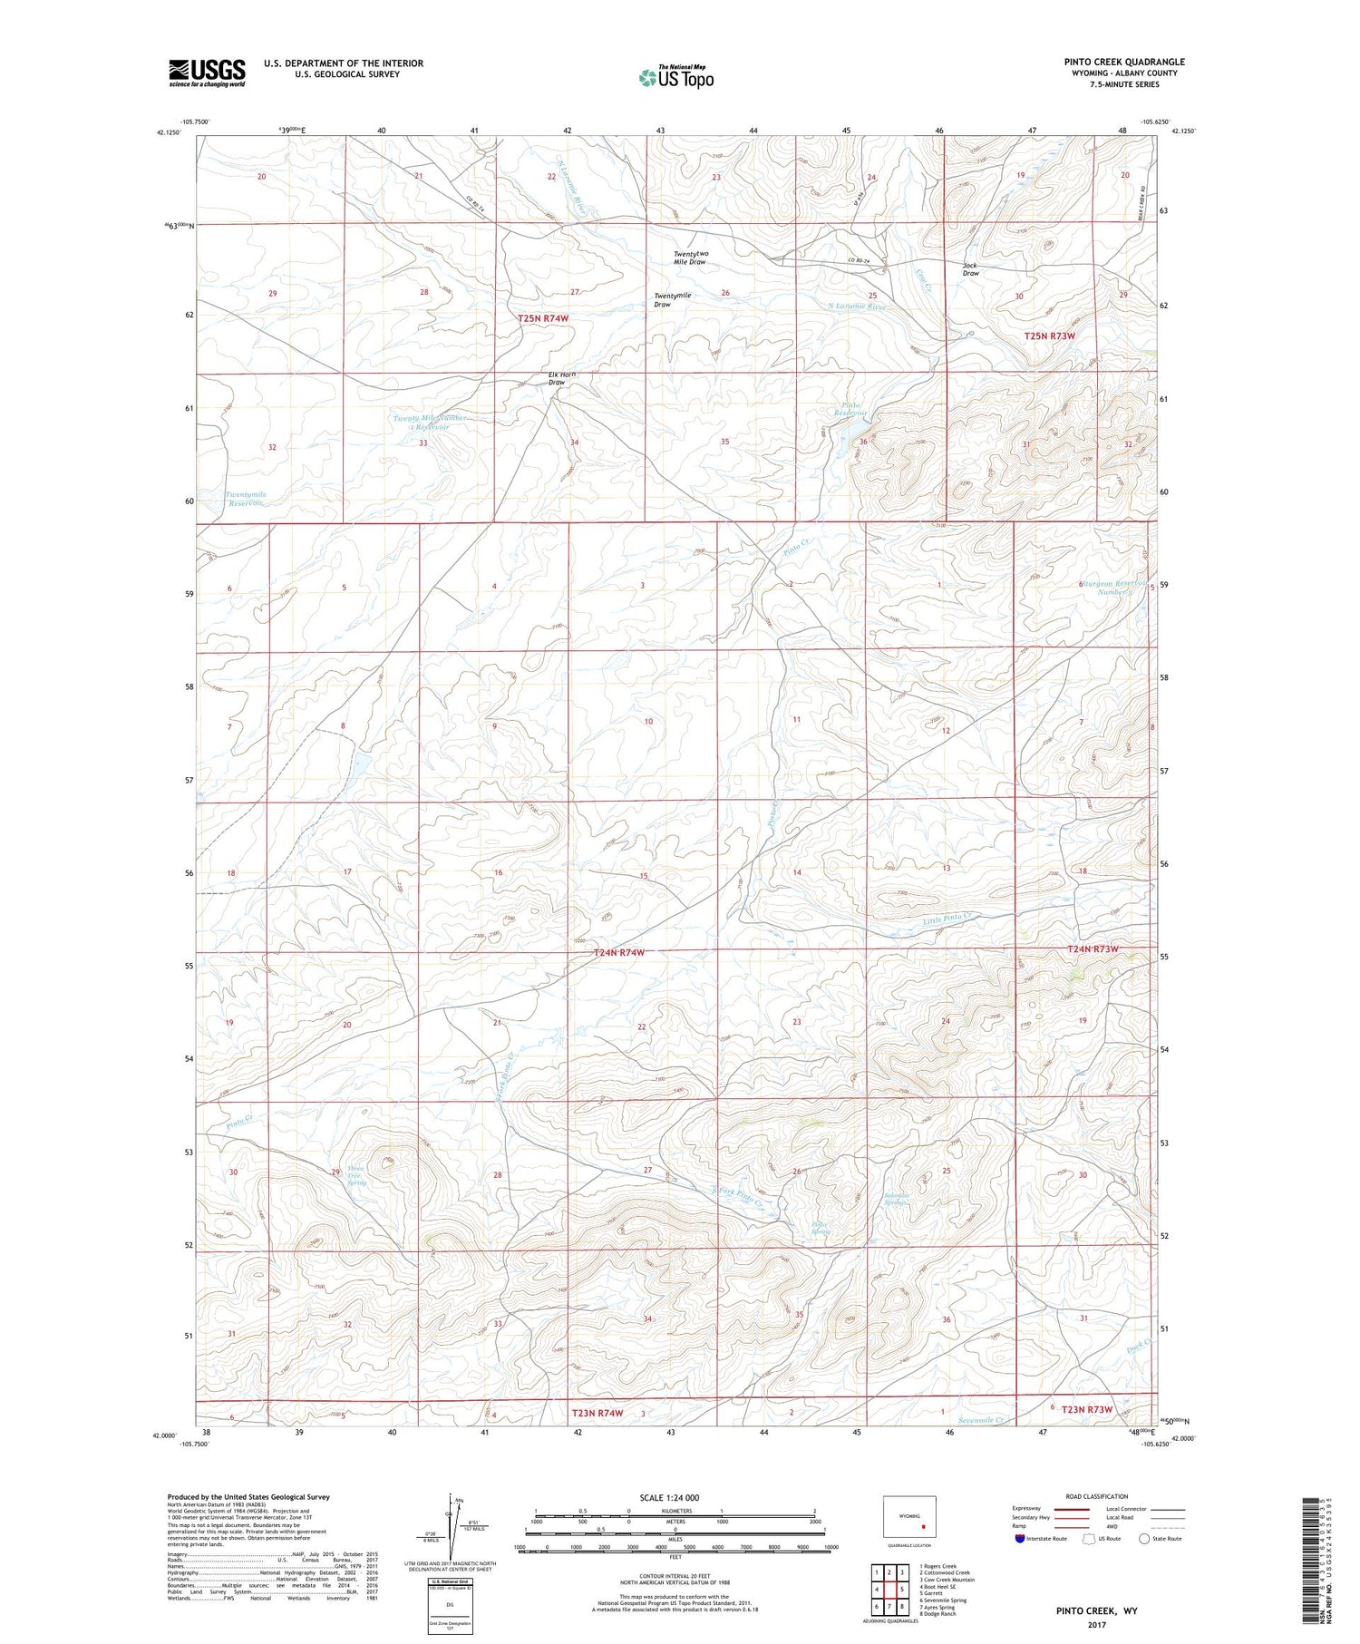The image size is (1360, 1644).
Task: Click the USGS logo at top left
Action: click(x=207, y=73)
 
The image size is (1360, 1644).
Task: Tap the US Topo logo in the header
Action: click(x=676, y=78)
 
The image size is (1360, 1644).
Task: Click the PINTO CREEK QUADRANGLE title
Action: click(x=1124, y=62)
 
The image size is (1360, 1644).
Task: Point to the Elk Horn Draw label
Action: click(x=561, y=378)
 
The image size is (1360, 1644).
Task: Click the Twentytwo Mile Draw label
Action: click(x=690, y=258)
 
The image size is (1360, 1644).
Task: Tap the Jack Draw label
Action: click(x=970, y=269)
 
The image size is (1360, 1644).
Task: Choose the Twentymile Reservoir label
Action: click(x=245, y=499)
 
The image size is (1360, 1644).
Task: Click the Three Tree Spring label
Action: click(x=357, y=1175)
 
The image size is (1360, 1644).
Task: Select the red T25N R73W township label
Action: click(x=1049, y=336)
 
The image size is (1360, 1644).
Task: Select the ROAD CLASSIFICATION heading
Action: click(x=1097, y=1496)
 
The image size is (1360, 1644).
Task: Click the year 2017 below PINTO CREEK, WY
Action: click(x=1096, y=1624)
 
